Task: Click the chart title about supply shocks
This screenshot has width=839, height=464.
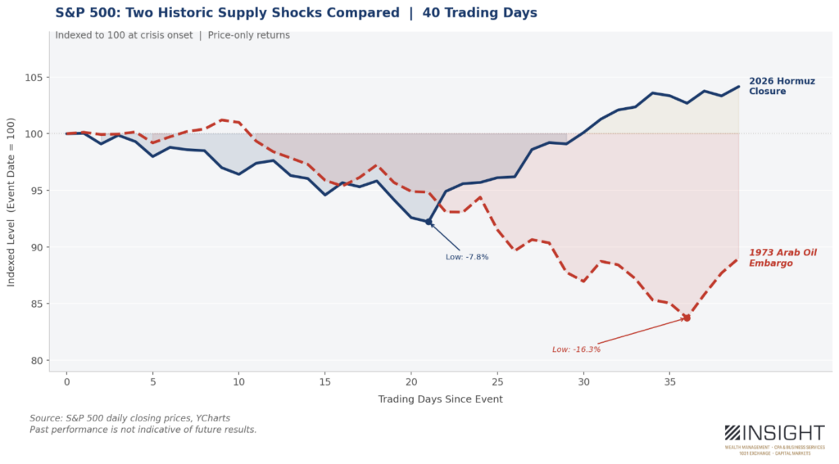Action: tap(297, 13)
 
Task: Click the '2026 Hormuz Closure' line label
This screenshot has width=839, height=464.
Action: tap(773, 86)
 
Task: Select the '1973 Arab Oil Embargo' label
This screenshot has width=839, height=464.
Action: tap(782, 258)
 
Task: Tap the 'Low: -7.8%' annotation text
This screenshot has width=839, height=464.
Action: tap(467, 257)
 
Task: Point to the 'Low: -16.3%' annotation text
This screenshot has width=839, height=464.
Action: tap(576, 349)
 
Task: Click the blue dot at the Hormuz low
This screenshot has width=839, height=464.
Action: tap(429, 222)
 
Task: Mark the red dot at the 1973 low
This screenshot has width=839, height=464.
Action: tap(687, 318)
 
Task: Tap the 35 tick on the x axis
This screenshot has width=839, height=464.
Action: tap(669, 381)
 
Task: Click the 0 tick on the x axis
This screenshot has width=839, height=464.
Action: tap(66, 381)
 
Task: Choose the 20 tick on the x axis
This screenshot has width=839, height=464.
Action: tap(411, 381)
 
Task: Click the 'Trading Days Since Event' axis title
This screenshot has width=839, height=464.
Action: tap(440, 399)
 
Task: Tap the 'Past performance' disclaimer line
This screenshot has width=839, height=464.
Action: tap(143, 430)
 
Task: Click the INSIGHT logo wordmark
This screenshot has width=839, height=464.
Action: tap(785, 433)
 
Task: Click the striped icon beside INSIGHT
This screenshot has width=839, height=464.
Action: tap(732, 433)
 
